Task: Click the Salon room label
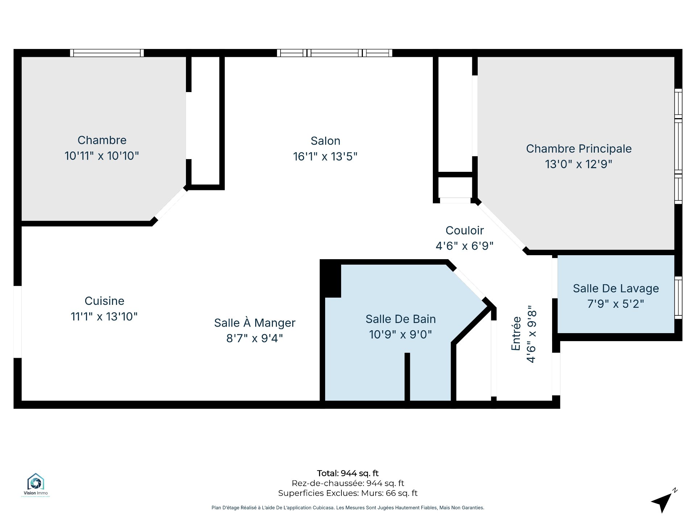(325, 141)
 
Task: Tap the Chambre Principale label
(579, 149)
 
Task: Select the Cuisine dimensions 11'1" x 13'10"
(104, 316)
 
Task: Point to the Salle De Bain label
(401, 319)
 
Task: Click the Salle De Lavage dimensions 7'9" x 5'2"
(616, 304)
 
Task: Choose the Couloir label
(465, 230)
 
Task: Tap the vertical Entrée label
(516, 333)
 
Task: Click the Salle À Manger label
(254, 323)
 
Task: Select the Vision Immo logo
(36, 484)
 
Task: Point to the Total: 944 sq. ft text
(348, 473)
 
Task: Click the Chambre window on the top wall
(107, 53)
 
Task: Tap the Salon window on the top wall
(335, 53)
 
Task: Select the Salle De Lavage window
(678, 298)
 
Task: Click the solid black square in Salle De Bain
(330, 279)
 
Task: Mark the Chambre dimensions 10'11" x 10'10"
(101, 156)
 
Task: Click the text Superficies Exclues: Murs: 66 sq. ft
(348, 493)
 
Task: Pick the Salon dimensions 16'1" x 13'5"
(325, 157)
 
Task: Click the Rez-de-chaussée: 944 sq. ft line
(348, 483)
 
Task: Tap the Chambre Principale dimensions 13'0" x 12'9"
(579, 164)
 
